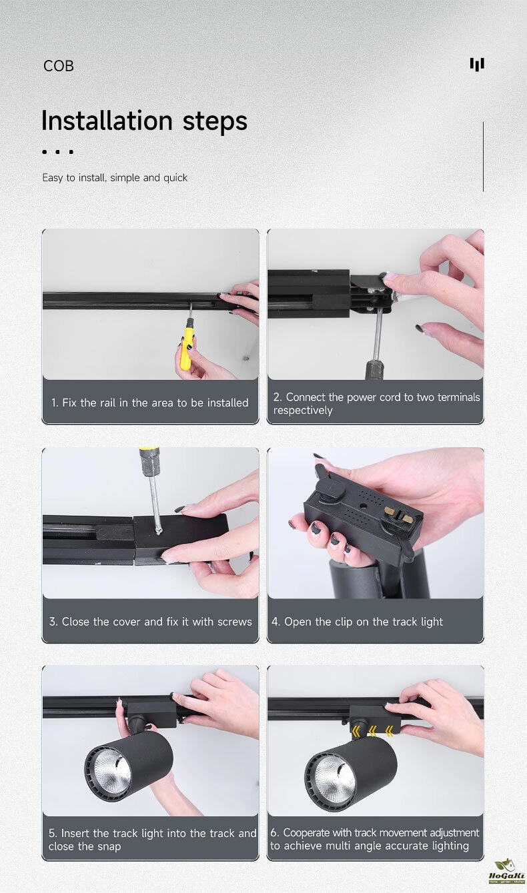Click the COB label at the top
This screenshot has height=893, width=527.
coord(58,66)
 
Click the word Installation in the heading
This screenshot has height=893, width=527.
coord(107,121)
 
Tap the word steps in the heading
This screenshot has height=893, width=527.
coord(215,121)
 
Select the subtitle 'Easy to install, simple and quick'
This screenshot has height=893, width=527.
coord(115,177)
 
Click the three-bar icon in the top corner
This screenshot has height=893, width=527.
coord(477,65)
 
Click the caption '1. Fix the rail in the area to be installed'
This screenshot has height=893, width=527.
coord(149,403)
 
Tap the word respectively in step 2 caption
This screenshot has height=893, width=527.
coord(302,411)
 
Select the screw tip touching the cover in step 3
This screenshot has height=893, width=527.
coord(158,532)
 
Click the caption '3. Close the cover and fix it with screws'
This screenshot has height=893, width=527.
coord(150,622)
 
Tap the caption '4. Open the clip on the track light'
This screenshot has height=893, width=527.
coord(357,622)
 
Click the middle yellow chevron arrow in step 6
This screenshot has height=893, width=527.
coord(373,731)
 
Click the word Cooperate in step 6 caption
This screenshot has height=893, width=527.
coord(306,832)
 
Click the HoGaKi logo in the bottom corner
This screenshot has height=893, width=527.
coord(506,874)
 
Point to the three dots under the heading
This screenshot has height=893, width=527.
coord(58,152)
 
